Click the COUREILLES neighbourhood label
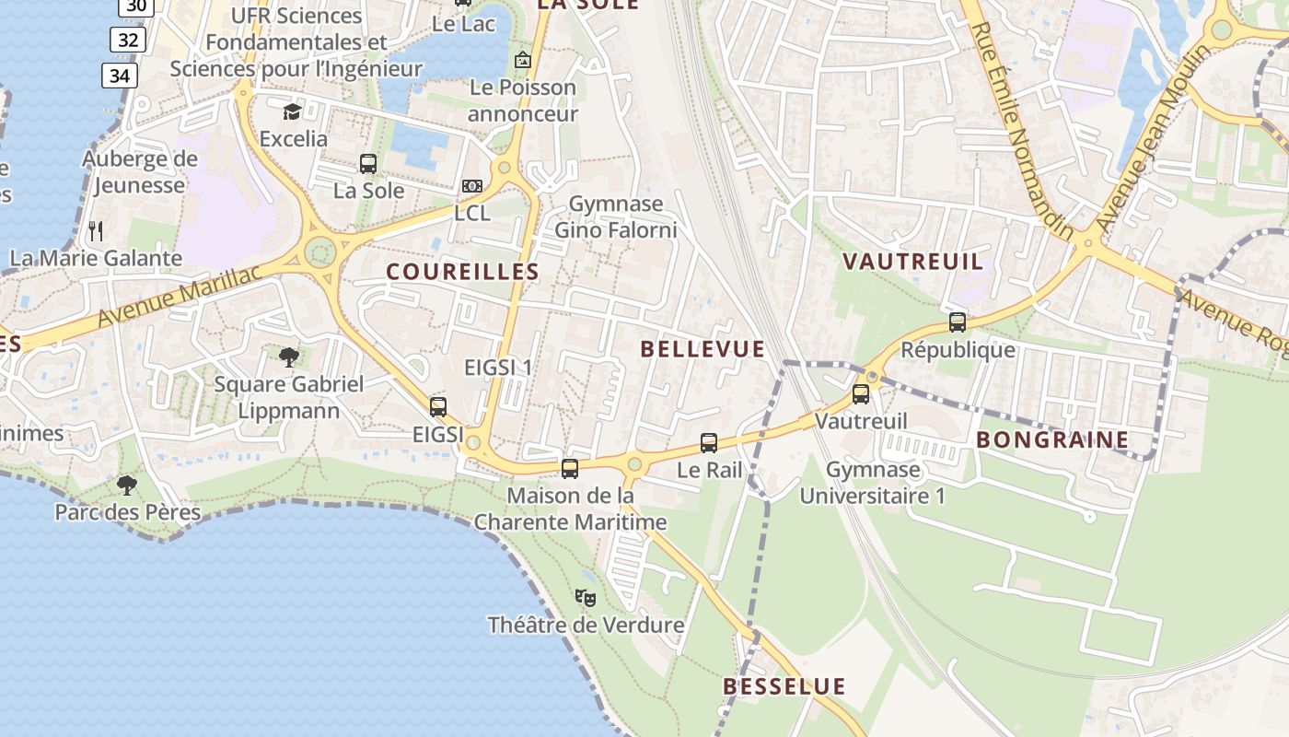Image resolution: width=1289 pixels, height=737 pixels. [462, 272]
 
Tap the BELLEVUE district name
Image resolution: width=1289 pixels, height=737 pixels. [703, 349]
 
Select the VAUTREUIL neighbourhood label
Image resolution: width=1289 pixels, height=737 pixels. [913, 262]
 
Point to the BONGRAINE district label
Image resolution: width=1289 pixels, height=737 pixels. [1052, 440]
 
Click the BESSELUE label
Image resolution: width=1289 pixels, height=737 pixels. [784, 686]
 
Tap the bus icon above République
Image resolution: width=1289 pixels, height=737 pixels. [958, 322]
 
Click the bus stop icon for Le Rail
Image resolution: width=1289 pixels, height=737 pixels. [709, 443]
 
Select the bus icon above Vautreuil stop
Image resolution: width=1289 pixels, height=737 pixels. [861, 394]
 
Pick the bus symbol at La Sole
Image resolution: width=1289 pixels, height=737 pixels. [368, 164]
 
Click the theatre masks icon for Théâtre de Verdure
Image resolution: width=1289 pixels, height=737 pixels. [586, 598]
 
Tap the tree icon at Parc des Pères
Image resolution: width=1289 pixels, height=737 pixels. [127, 485]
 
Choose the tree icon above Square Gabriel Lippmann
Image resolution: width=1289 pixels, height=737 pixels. [289, 357]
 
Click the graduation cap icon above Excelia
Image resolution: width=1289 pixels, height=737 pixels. [292, 111]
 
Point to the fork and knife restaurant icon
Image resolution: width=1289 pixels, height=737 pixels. [96, 230]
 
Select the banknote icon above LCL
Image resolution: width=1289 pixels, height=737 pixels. [472, 186]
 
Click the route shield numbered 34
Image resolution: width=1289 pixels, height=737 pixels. [120, 76]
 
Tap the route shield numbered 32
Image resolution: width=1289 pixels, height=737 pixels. [128, 40]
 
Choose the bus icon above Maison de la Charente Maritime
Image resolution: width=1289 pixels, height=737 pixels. [570, 469]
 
